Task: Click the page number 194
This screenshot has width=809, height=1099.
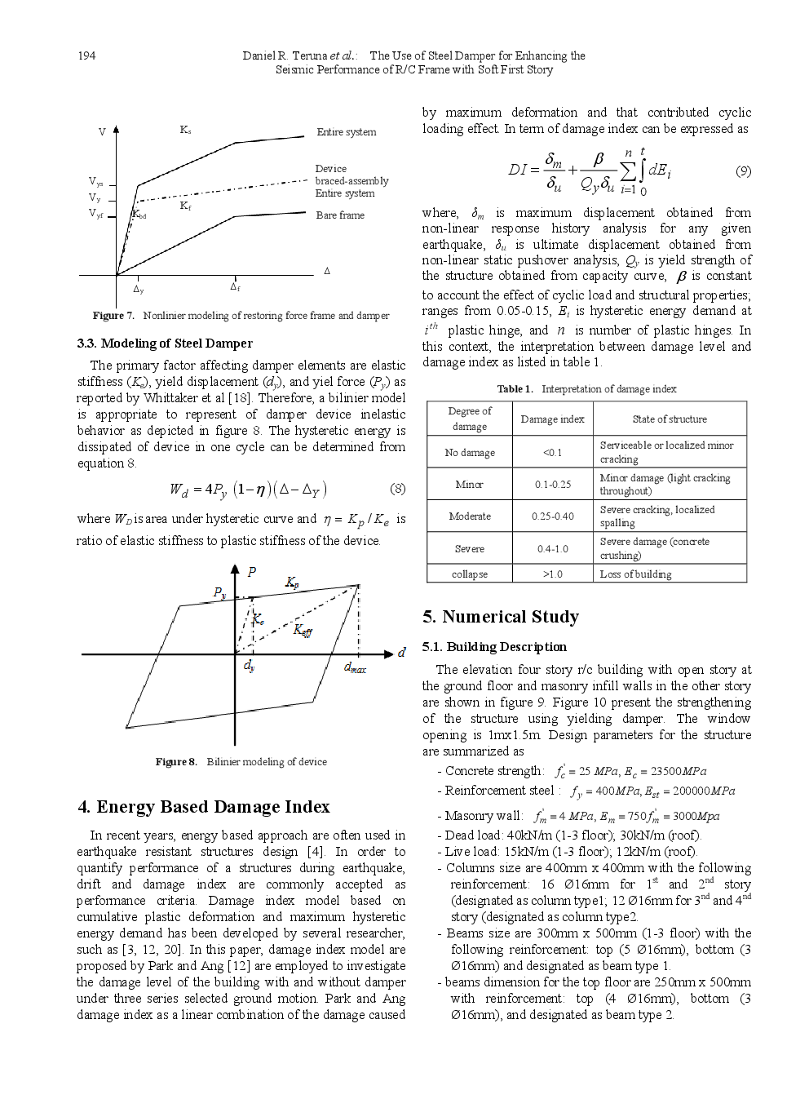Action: tap(86, 55)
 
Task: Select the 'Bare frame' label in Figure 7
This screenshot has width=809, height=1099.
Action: tap(340, 215)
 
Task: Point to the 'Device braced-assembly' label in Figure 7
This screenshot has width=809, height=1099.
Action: tap(351, 175)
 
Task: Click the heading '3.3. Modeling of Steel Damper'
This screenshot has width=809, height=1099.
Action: tap(165, 343)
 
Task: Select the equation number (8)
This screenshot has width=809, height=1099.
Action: tap(397, 489)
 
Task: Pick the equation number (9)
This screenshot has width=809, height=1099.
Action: tap(743, 171)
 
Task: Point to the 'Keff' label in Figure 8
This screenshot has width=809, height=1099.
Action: tap(303, 630)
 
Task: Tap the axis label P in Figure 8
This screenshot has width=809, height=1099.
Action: tap(251, 572)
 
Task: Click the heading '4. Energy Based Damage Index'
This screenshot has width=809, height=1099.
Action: tap(204, 807)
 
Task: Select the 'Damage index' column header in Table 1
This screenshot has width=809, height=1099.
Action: tap(552, 419)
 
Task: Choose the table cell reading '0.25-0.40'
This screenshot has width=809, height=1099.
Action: tap(552, 516)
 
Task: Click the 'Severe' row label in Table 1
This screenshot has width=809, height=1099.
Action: tap(469, 549)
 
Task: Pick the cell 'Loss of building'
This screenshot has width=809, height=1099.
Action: tap(635, 574)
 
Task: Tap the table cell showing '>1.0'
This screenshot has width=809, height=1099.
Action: tap(552, 574)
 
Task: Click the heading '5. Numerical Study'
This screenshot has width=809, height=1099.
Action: tap(501, 617)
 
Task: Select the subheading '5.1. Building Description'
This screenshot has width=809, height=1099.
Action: tap(494, 647)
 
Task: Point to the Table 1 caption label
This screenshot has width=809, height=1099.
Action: tap(515, 389)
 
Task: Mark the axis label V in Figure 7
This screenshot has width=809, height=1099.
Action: tap(102, 132)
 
